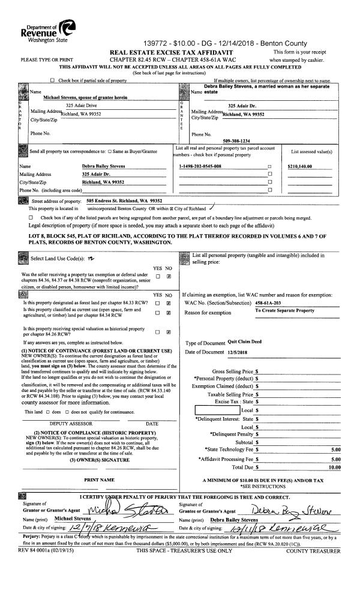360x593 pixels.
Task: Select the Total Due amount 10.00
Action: (334, 466)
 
